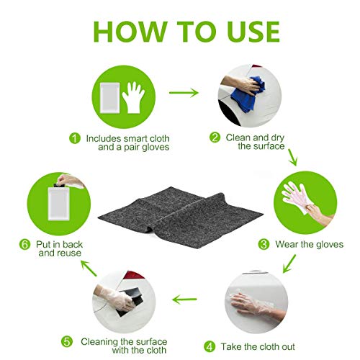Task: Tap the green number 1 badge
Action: [75, 138]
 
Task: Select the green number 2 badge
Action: [215, 138]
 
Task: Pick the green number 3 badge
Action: [264, 244]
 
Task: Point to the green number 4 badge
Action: [210, 347]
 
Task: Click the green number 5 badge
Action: [67, 341]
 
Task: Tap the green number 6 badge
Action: [24, 245]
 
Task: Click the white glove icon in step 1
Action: [133, 97]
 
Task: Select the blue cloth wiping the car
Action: [247, 95]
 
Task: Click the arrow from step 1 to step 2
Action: [184, 93]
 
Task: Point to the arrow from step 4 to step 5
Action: [184, 300]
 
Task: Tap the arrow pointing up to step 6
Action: [89, 268]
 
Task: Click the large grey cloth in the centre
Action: [181, 217]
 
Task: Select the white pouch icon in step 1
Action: [110, 98]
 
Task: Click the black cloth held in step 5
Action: [129, 301]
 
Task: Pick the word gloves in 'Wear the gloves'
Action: [330, 245]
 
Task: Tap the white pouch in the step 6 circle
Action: [58, 204]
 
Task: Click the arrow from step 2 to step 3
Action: [292, 157]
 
